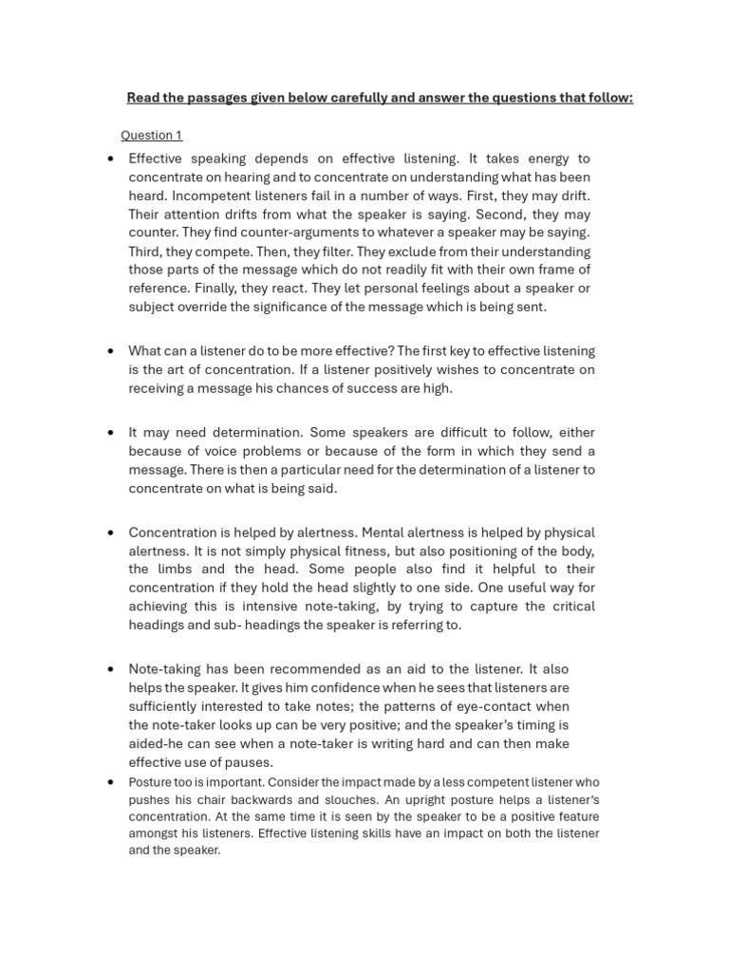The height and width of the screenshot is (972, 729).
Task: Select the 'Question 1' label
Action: tap(151, 135)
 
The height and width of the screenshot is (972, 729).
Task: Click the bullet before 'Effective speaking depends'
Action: tap(112, 159)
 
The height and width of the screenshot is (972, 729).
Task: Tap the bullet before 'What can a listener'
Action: tap(112, 351)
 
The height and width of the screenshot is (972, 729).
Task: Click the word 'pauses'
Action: tap(251, 762)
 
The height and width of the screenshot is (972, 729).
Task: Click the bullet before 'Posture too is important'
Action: tap(112, 782)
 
